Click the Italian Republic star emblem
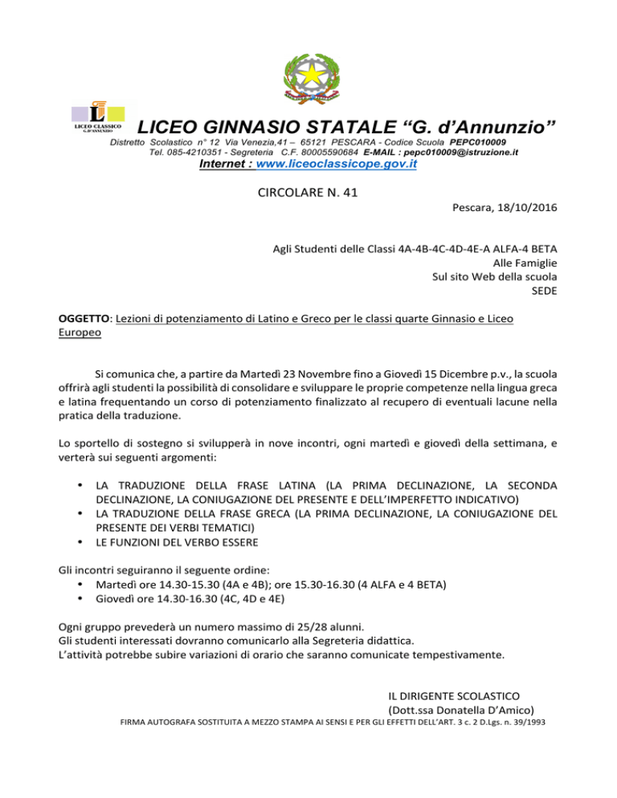coord(308,79)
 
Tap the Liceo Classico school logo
coord(99,118)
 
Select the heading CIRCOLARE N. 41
coord(308,193)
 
